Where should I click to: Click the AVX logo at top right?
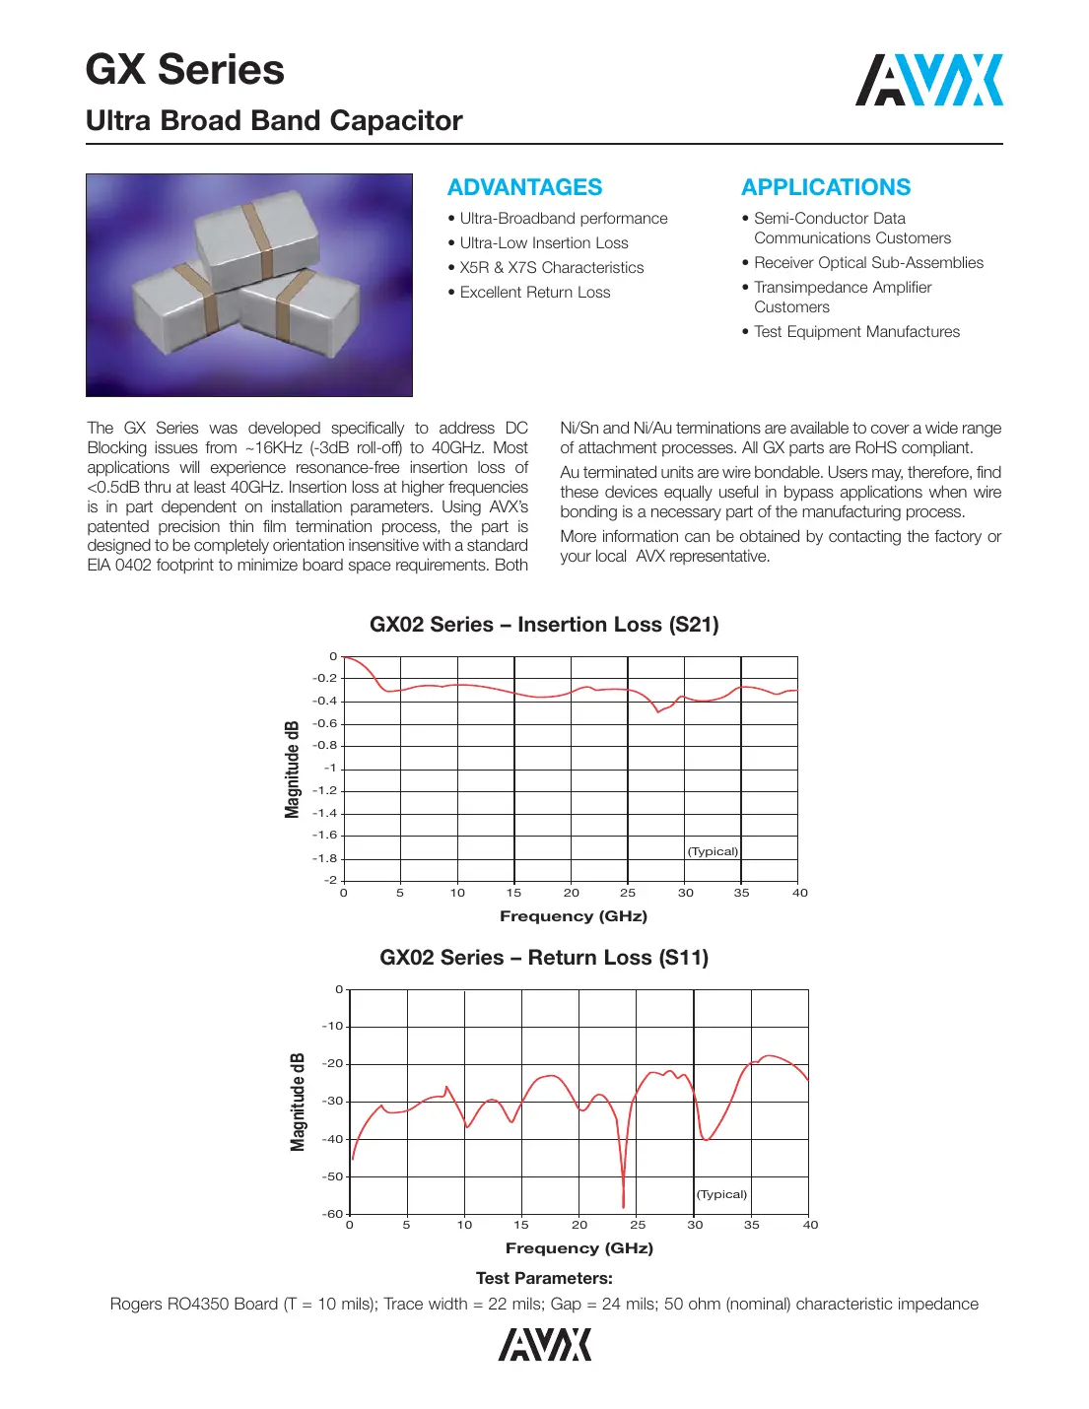click(928, 80)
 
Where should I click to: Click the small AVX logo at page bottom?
click(544, 1344)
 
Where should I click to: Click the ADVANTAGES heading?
click(524, 187)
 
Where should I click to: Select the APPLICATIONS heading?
click(826, 187)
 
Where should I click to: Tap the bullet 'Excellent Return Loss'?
click(534, 293)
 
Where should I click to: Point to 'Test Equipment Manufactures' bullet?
click(855, 332)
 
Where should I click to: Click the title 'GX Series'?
click(185, 70)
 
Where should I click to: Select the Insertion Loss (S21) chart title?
click(544, 625)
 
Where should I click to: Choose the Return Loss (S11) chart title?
click(544, 958)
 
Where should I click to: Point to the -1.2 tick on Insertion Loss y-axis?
click(325, 790)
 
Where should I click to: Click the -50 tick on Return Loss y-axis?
click(333, 1176)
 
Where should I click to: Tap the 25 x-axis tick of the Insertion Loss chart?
click(628, 893)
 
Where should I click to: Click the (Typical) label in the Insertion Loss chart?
click(713, 851)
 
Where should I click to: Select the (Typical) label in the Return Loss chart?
click(722, 1194)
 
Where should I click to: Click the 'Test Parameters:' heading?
click(544, 1278)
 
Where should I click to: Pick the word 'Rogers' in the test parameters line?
click(137, 1305)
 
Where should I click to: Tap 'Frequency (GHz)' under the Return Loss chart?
click(579, 1248)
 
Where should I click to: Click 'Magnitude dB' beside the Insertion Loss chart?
click(292, 769)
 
